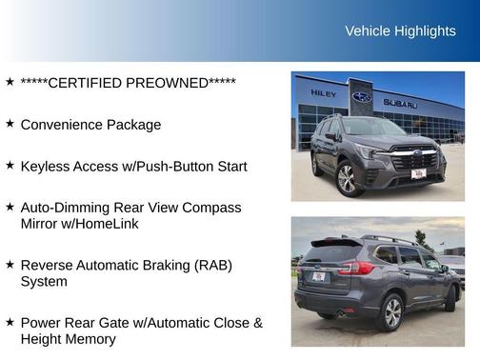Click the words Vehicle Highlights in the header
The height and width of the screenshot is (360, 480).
point(400,31)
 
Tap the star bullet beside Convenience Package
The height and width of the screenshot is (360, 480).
point(10,124)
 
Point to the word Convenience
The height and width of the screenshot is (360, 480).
point(61,125)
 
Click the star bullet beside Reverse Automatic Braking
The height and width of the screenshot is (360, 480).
point(10,264)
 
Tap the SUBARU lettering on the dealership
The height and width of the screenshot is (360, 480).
point(400,103)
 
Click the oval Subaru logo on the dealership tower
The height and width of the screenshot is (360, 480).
point(362,97)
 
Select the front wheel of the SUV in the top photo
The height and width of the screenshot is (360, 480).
point(346,178)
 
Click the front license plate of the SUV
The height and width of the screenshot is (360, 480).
point(417,174)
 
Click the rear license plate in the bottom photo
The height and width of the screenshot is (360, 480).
point(318,276)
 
